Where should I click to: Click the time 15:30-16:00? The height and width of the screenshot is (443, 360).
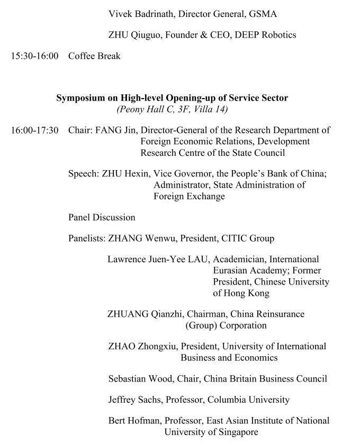(35, 56)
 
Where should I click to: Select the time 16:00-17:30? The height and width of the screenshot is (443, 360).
(35, 130)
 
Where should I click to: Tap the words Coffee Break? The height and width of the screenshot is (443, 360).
(94, 56)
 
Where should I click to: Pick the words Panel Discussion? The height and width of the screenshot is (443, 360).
(102, 217)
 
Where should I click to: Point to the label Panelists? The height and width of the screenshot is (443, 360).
(87, 238)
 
